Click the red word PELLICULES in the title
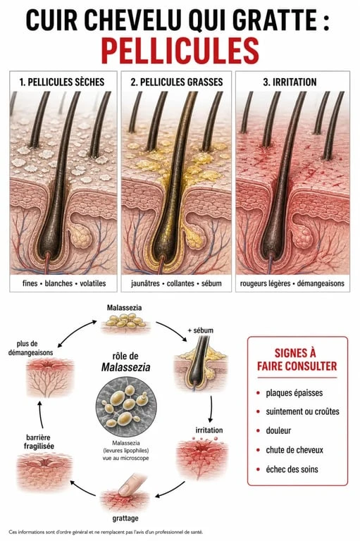click(x=180, y=51)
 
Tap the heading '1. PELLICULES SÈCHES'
click(x=62, y=82)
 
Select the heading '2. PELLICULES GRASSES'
click(x=177, y=82)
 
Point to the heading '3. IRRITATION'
click(x=290, y=82)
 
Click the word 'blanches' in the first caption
click(x=58, y=283)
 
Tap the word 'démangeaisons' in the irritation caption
click(x=321, y=283)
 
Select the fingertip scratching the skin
click(x=130, y=484)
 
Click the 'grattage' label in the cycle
click(x=125, y=518)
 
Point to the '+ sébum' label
click(x=201, y=330)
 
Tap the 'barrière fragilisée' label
click(x=39, y=442)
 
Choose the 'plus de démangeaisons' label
click(x=31, y=348)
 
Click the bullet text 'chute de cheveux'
click(x=294, y=450)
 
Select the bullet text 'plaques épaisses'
click(x=294, y=393)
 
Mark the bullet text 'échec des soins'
click(x=292, y=469)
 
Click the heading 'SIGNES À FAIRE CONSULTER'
click(x=297, y=359)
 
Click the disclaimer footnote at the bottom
click(x=106, y=532)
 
